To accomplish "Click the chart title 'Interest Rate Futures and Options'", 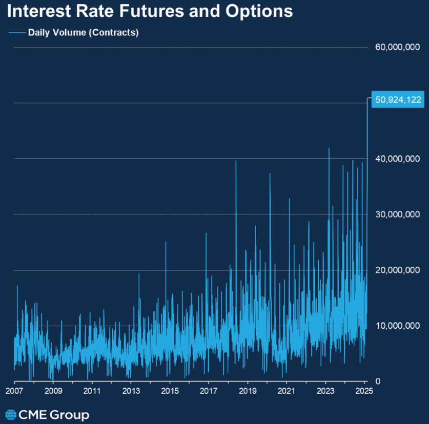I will [150, 12].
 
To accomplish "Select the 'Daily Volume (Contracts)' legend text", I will [83, 33].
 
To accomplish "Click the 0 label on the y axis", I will [377, 381].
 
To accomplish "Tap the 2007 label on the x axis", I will [14, 391].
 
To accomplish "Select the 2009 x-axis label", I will [53, 391].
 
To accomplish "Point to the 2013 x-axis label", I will [131, 391].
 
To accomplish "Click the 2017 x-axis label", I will [209, 391].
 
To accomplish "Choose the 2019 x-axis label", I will [248, 391].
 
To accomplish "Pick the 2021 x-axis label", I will [287, 391].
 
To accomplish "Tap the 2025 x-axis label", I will [364, 391].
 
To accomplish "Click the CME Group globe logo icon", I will [11, 414].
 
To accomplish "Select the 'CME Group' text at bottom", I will [54, 414].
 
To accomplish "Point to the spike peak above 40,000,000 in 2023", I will [329, 149].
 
